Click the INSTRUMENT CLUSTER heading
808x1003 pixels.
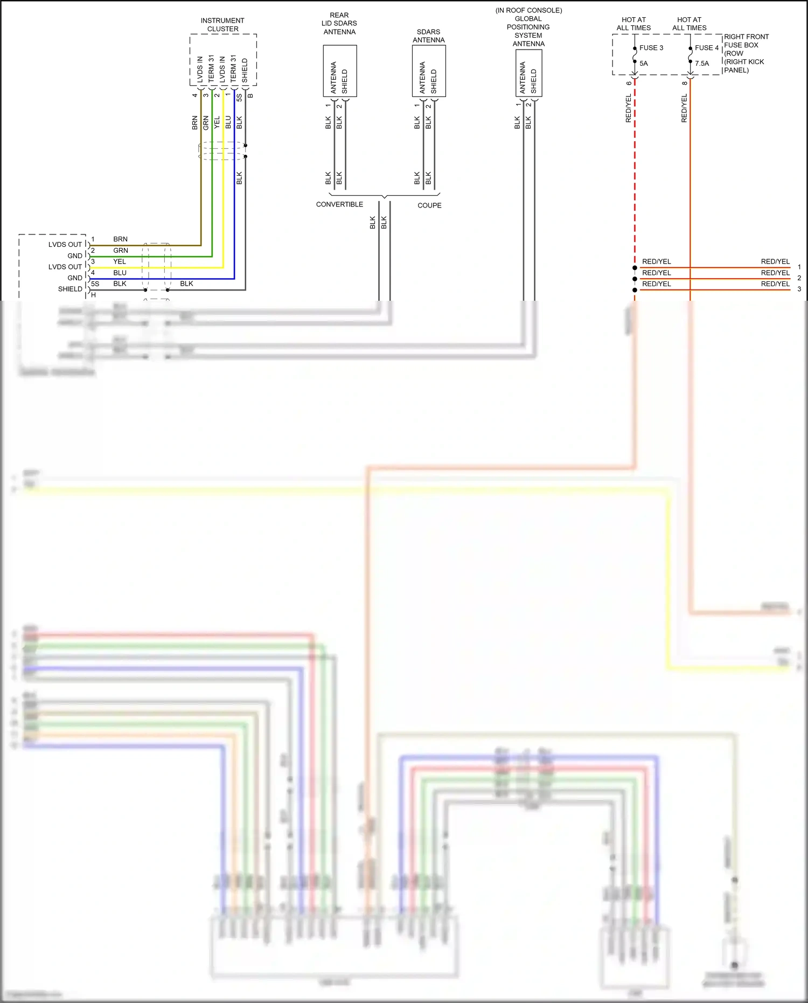tap(222, 25)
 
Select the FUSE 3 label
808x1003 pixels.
tap(651, 48)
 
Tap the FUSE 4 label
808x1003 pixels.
tap(707, 48)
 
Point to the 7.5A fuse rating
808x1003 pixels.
tap(702, 64)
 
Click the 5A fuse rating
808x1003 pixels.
tap(644, 64)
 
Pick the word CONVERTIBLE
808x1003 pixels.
tap(339, 204)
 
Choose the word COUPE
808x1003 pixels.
tap(429, 205)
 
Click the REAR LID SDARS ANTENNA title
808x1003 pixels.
tap(339, 24)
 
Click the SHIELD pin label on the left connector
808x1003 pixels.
tap(70, 289)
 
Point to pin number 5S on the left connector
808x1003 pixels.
tap(95, 283)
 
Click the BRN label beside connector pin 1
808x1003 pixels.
tap(120, 239)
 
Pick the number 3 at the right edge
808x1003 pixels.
tap(799, 289)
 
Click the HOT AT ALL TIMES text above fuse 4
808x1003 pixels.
tap(689, 24)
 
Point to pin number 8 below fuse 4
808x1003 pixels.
tap(685, 83)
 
